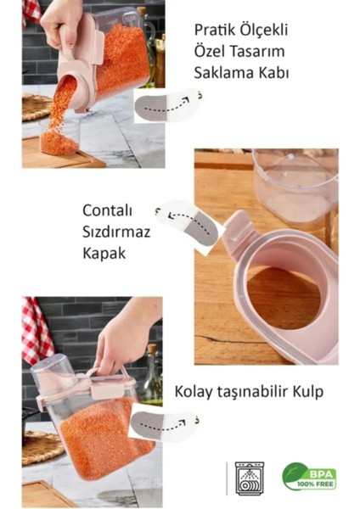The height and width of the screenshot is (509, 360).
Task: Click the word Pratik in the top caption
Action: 214,31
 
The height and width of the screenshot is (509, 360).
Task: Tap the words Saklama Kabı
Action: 242,73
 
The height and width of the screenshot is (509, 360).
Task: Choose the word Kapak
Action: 104,252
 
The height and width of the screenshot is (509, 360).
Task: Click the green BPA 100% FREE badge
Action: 309,478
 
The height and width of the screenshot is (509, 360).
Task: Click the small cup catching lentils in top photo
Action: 59,137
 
